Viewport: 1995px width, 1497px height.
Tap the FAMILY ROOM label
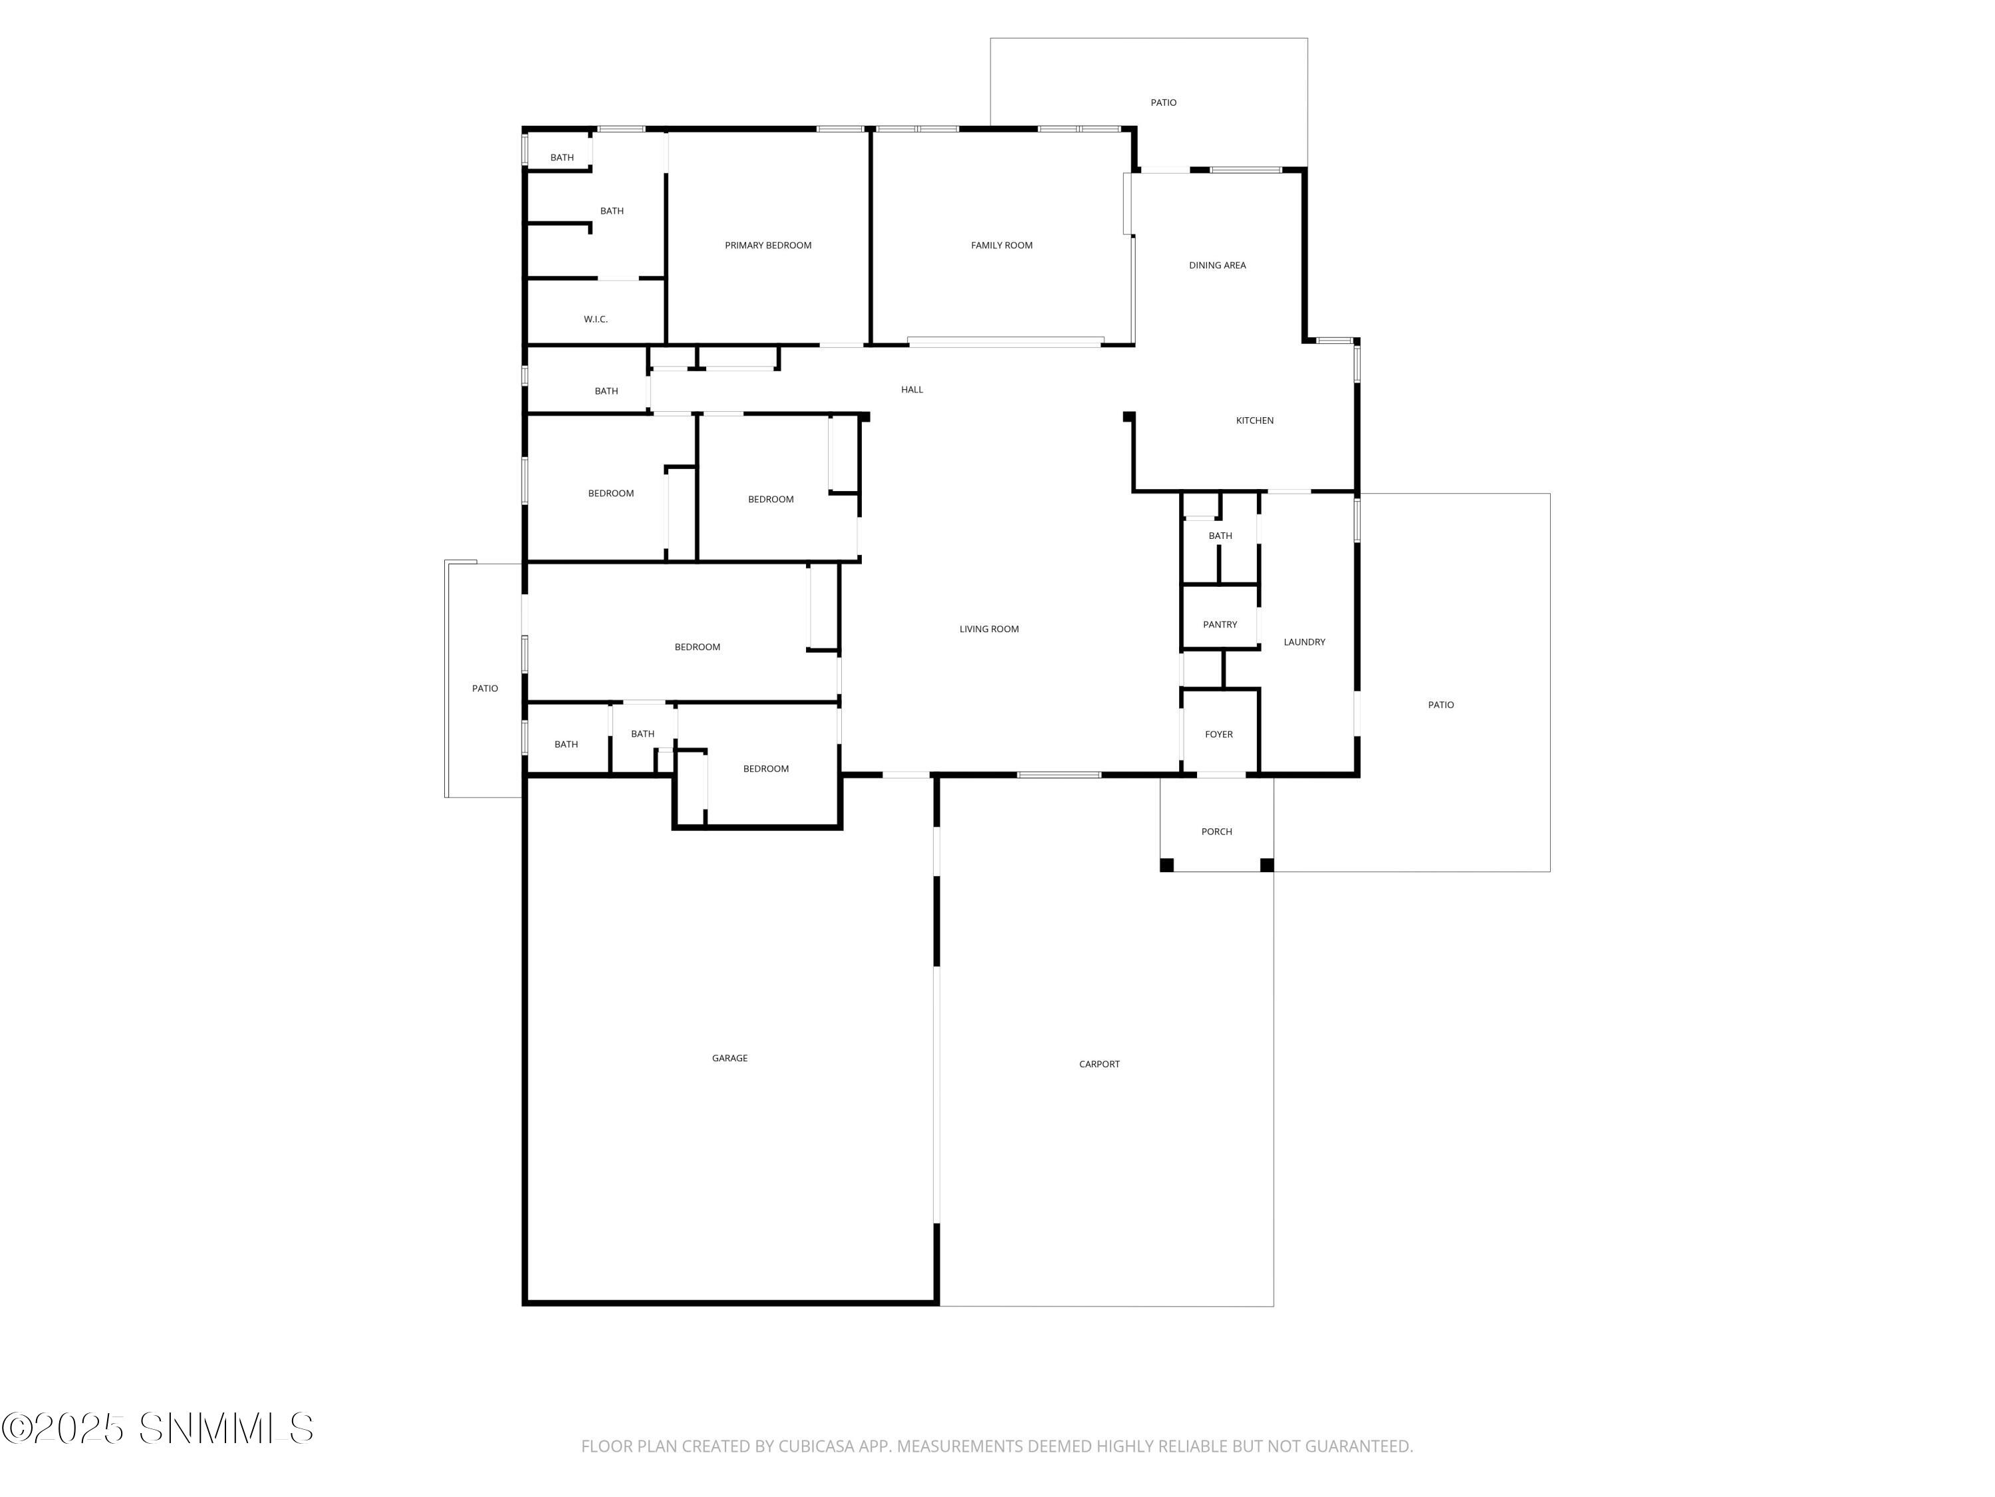pos(1001,246)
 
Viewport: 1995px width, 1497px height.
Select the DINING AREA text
pos(1217,265)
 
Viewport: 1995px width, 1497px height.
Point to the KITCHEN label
pos(1254,420)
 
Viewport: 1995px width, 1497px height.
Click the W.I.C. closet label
pos(595,319)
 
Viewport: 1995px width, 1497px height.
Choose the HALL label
pos(911,390)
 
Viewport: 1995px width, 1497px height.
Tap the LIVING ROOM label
pos(988,629)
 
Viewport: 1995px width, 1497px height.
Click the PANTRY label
pos(1220,625)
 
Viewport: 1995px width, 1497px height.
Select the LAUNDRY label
pos(1303,643)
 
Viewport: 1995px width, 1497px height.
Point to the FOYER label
pos(1218,735)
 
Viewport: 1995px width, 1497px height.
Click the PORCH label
pos(1216,832)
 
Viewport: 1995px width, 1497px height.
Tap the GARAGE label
pos(729,1059)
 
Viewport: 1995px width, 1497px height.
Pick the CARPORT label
pos(1099,1065)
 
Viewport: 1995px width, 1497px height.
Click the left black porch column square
pos(1166,866)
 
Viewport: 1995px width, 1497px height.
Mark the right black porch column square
pos(1266,866)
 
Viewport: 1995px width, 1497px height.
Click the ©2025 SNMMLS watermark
pos(158,1428)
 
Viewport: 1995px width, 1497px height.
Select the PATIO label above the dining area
pos(1162,103)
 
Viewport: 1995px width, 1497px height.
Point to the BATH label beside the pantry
pos(1220,536)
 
